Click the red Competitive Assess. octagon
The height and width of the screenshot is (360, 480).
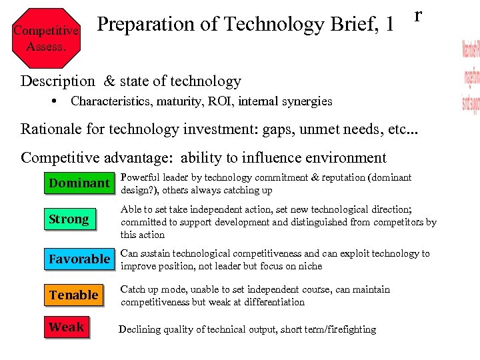(x=45, y=39)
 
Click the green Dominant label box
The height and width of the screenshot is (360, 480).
(x=79, y=183)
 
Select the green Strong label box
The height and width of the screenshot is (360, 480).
(x=69, y=219)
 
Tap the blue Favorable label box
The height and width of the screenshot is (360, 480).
(x=79, y=259)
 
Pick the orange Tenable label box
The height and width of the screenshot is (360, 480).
(x=73, y=295)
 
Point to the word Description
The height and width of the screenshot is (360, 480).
(x=58, y=81)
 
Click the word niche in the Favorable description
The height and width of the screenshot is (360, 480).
(x=309, y=266)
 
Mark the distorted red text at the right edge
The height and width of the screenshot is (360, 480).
(x=470, y=77)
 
